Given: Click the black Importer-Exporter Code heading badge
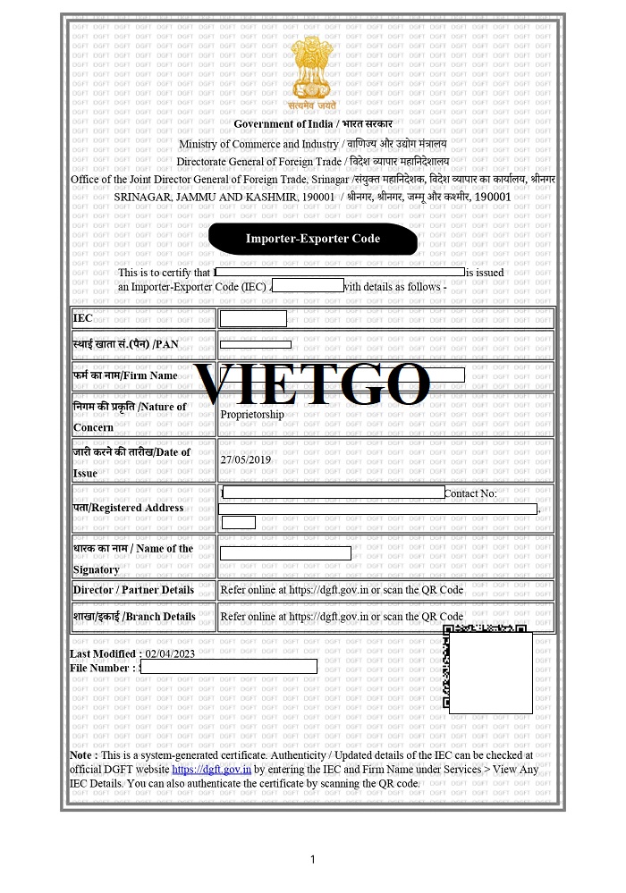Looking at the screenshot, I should [x=312, y=239].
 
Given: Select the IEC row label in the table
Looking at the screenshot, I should [x=83, y=319].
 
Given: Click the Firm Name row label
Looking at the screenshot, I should [x=125, y=375].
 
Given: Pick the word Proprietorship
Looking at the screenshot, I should [x=252, y=415].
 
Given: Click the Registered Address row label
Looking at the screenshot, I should [x=128, y=508].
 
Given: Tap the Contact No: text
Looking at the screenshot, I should [x=470, y=493].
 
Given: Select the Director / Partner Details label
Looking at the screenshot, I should [x=133, y=590].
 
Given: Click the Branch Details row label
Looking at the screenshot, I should [x=134, y=617].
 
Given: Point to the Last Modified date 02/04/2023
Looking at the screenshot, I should [x=170, y=653].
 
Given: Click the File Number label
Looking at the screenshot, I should [x=102, y=667].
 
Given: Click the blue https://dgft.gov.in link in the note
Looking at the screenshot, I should [x=211, y=769].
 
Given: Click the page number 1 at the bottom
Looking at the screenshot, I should [x=312, y=860].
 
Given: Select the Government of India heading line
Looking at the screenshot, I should [x=312, y=123].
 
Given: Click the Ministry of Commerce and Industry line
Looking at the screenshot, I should [x=312, y=143].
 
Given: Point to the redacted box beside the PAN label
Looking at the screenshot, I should [x=255, y=344].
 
